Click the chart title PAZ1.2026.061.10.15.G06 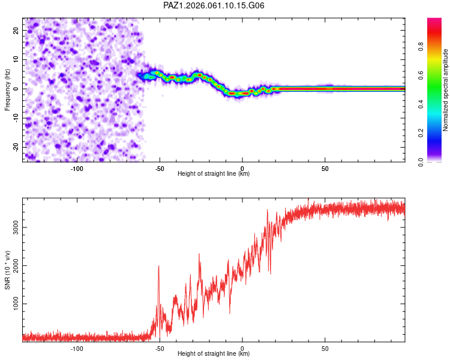pos(214,5)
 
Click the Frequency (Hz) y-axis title pos(8,90)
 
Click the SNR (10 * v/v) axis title pos(8,270)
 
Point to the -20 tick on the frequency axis pos(16,147)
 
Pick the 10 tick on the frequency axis pos(17,59)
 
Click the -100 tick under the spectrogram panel pos(77,168)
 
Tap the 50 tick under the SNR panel pos(325,348)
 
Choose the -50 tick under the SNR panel pos(159,348)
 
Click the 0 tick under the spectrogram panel pos(242,168)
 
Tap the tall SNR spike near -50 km pos(159,266)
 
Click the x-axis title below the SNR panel pos(214,354)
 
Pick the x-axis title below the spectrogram pos(214,174)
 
